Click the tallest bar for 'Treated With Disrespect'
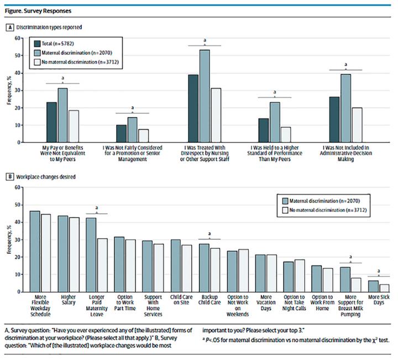coord(204,96)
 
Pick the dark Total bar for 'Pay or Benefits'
coord(52,122)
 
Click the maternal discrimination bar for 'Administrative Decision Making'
coord(346,108)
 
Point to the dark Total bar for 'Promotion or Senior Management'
coord(121,133)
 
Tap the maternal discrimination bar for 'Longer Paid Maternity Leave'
coord(91,255)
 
